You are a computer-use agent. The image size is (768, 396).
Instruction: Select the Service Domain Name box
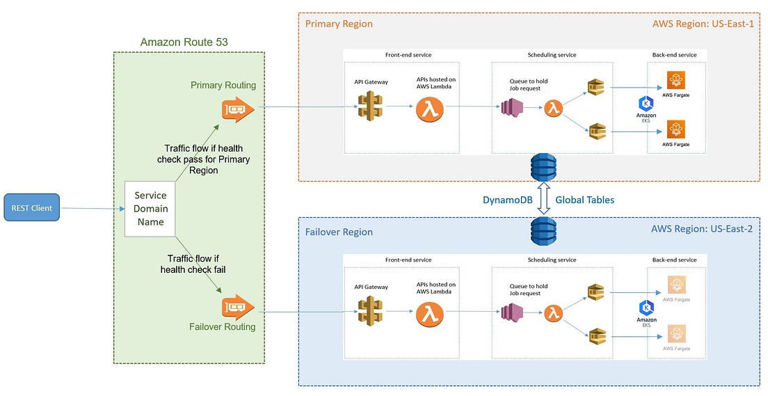pyautogui.click(x=151, y=209)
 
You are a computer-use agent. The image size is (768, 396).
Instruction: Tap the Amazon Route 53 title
pyautogui.click(x=184, y=42)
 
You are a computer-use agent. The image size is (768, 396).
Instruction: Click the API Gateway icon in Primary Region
pyautogui.click(x=371, y=108)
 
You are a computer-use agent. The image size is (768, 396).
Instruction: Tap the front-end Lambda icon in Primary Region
pyautogui.click(x=429, y=109)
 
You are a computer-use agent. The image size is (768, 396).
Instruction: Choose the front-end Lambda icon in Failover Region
pyautogui.click(x=429, y=314)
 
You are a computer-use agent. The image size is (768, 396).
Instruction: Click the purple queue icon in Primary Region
pyautogui.click(x=512, y=109)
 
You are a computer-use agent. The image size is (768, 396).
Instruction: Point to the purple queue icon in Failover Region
pyautogui.click(x=512, y=314)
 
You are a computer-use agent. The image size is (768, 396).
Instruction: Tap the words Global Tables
pyautogui.click(x=584, y=200)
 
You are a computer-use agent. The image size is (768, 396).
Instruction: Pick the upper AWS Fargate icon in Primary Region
pyautogui.click(x=676, y=80)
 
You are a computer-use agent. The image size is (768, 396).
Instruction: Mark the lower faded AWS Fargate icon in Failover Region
pyautogui.click(x=676, y=333)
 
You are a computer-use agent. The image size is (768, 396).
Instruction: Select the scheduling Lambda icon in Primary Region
pyautogui.click(x=553, y=109)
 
